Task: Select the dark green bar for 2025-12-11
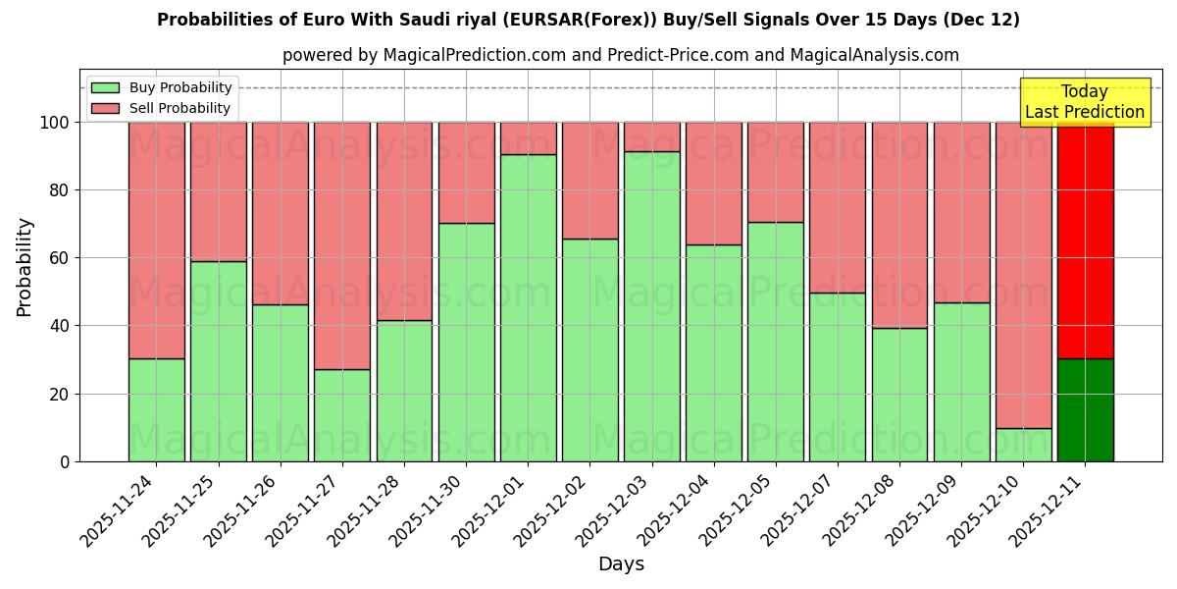pos(1085,409)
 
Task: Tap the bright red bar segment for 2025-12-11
pos(1085,240)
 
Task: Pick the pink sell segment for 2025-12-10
pos(1023,275)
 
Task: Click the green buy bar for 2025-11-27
pos(342,415)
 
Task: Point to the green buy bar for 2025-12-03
pos(651,306)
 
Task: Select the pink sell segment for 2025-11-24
pos(156,240)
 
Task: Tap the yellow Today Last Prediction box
pos(1084,102)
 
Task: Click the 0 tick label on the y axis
pos(66,461)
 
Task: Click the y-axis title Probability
pos(25,267)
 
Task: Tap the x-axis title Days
pos(621,564)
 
